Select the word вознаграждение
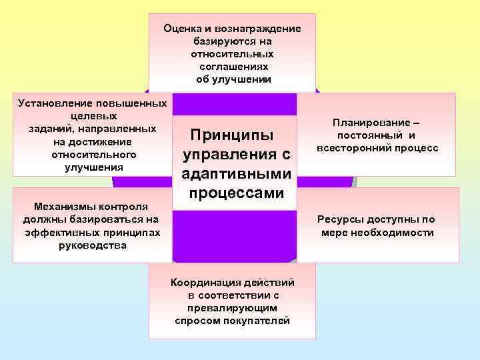pos(262,29)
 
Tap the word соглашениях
pos(233,67)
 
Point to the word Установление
pos(55,104)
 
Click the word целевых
pos(91,116)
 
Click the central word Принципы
pos(232,135)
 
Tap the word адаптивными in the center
pos(236,174)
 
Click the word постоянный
pos(371,135)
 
